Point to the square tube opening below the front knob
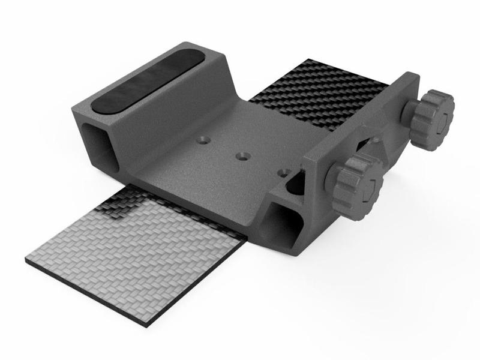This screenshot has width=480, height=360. [281, 218]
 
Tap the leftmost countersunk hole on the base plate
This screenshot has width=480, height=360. [205, 139]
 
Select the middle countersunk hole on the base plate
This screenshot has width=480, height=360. [242, 156]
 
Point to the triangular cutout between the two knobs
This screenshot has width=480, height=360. [367, 146]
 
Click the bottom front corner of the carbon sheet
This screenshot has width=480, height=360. [162, 305]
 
